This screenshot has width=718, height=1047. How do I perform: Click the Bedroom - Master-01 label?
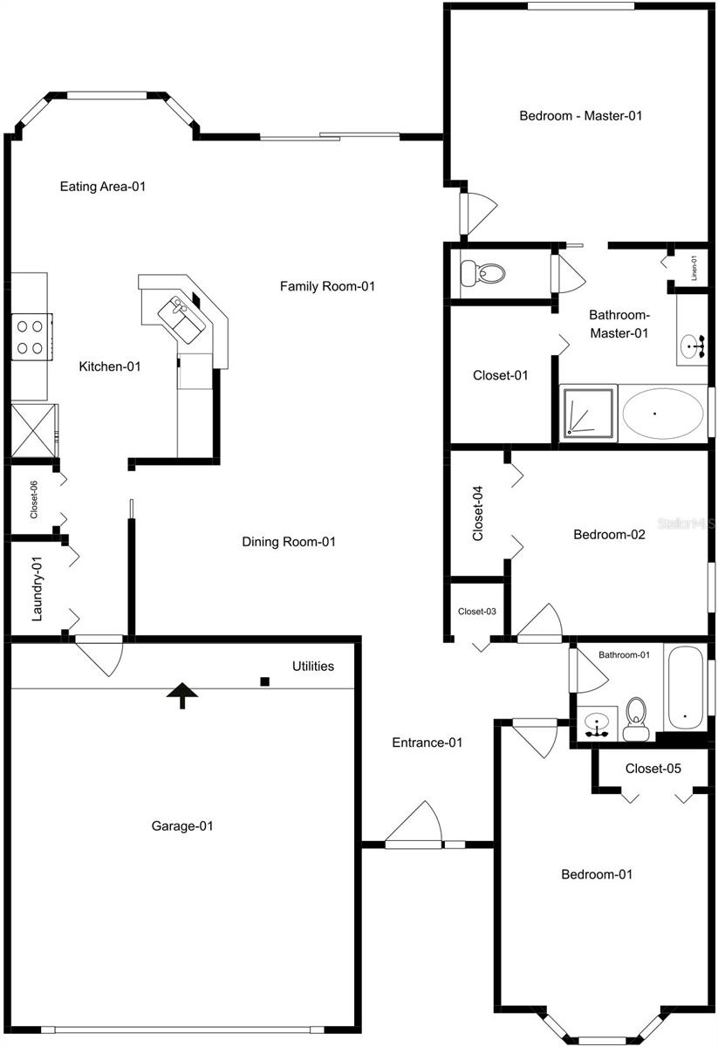(580, 115)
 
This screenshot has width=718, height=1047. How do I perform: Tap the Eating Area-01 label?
(101, 186)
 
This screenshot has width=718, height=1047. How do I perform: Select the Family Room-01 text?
(327, 286)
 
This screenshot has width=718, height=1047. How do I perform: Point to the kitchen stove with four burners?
(30, 336)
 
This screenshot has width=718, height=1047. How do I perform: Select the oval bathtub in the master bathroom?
(663, 414)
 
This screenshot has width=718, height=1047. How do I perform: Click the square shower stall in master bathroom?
(587, 414)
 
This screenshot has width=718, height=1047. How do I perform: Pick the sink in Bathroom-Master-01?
(694, 346)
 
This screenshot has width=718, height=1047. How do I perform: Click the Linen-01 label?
(694, 267)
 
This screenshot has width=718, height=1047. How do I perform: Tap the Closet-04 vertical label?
(478, 514)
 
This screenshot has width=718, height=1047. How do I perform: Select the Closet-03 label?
(477, 611)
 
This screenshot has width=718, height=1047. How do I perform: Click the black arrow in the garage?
(182, 695)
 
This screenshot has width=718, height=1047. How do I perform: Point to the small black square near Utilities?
(264, 681)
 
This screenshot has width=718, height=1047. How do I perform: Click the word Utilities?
(312, 667)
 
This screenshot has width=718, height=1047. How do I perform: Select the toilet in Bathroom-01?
(636, 719)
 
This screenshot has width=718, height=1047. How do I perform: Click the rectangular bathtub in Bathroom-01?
(685, 688)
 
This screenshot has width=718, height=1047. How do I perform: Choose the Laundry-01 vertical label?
(38, 589)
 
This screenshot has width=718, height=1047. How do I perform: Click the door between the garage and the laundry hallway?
(101, 654)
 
